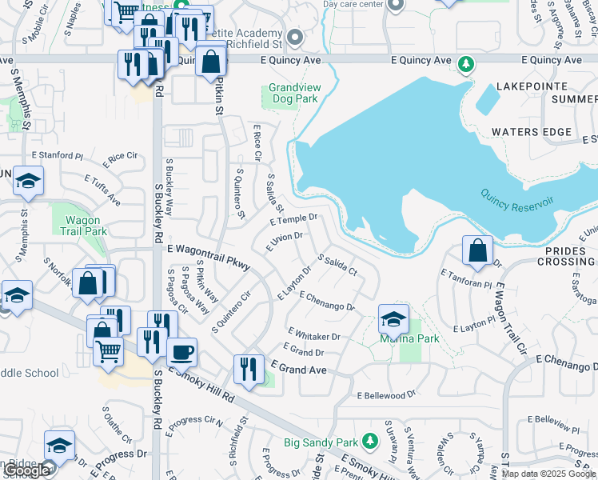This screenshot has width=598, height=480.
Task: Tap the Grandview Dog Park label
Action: (x=293, y=93)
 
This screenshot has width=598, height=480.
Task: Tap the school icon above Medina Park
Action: (x=393, y=319)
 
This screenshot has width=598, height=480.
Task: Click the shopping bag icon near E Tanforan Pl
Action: (x=476, y=250)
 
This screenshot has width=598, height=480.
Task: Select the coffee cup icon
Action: (x=181, y=352)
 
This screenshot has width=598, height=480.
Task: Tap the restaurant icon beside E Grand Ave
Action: (x=249, y=370)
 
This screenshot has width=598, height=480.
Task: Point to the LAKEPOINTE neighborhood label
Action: (x=532, y=86)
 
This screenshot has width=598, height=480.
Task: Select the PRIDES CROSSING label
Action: (x=571, y=256)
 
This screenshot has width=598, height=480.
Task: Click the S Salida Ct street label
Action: (x=337, y=265)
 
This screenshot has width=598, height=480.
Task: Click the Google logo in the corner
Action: (x=26, y=471)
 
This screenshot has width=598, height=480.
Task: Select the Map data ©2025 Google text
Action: (x=548, y=474)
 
